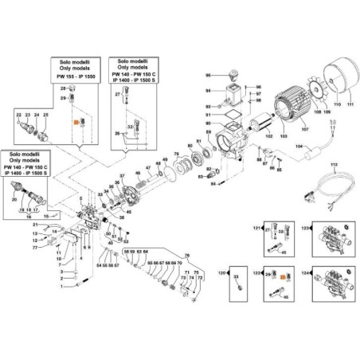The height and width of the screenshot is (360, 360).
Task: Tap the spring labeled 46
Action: pyautogui.click(x=147, y=180)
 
